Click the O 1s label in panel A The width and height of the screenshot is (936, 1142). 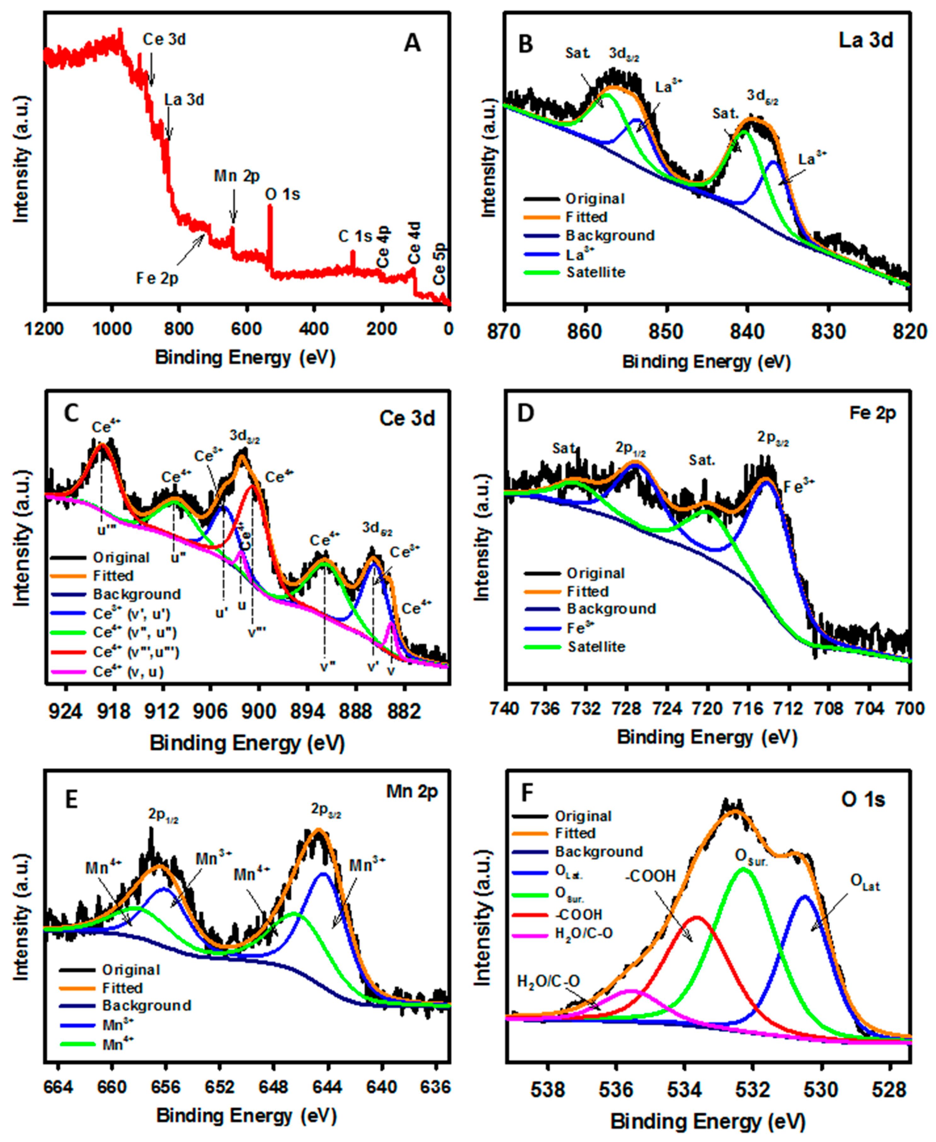pyautogui.click(x=283, y=194)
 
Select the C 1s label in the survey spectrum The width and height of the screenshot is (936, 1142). pyautogui.click(x=355, y=236)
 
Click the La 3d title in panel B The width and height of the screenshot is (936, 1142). pyautogui.click(x=866, y=40)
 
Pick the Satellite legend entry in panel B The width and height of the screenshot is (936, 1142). pyautogui.click(x=596, y=272)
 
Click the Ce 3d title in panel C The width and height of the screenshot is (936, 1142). pyautogui.click(x=407, y=418)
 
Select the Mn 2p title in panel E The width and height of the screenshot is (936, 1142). pyautogui.click(x=412, y=792)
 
